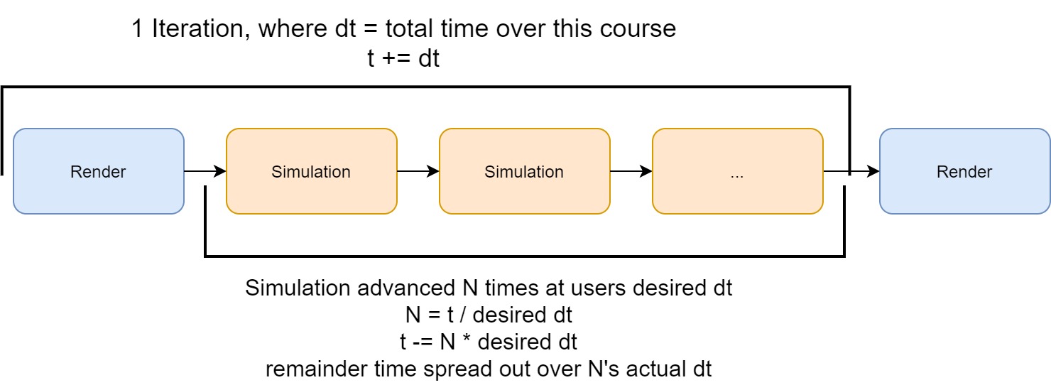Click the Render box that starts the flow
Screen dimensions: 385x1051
pos(99,171)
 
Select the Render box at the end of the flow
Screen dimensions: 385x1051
pos(964,171)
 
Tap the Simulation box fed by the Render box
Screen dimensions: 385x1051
pos(311,171)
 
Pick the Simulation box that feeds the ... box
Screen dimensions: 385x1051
pos(524,171)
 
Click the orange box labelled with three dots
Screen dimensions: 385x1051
pos(737,171)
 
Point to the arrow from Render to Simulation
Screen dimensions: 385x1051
pos(205,171)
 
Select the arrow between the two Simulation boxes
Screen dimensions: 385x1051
pos(418,171)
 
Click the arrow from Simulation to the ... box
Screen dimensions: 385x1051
pos(631,171)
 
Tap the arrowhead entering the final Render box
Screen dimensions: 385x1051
pos(873,171)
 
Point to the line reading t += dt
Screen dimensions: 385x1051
pos(403,59)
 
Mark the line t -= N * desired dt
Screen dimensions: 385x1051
pos(489,342)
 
